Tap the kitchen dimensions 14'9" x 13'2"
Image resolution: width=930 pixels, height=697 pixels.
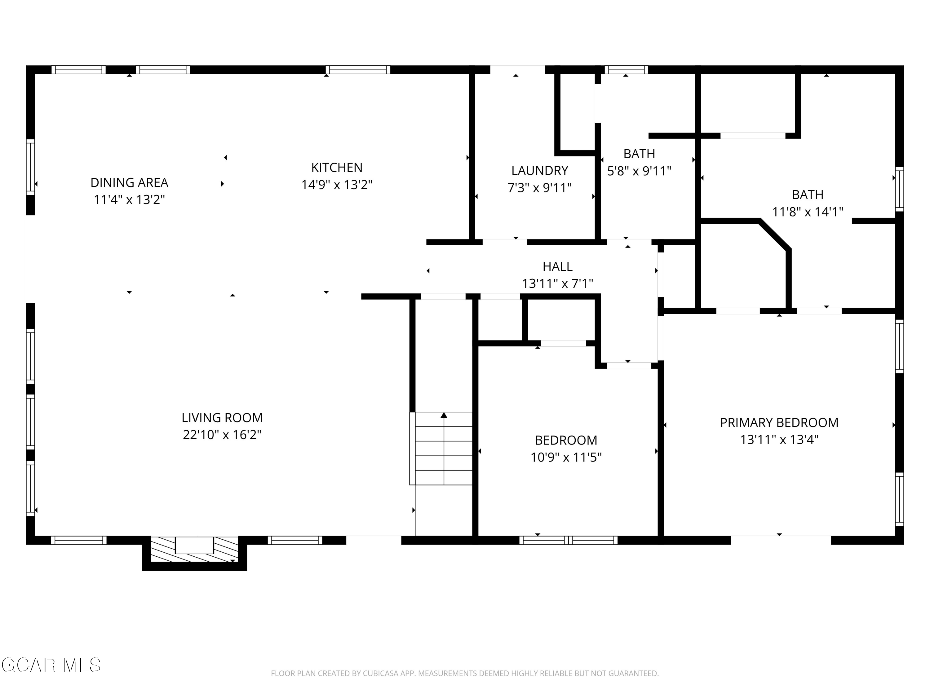click(337, 185)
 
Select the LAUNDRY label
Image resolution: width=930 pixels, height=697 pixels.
click(539, 171)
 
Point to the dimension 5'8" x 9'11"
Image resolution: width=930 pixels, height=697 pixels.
click(639, 171)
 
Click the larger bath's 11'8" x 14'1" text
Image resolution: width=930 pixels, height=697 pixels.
click(807, 212)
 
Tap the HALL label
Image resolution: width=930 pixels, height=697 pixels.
click(557, 266)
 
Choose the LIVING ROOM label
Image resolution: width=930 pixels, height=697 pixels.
click(222, 418)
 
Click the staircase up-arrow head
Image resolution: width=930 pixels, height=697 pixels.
click(444, 415)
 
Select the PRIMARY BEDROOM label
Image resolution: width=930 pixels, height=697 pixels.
click(779, 423)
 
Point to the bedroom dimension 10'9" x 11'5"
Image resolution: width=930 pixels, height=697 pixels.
click(566, 457)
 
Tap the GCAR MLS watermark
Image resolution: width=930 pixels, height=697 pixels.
click(51, 665)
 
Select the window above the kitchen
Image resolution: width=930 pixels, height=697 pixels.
click(358, 70)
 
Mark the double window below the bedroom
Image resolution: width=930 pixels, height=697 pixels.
click(569, 540)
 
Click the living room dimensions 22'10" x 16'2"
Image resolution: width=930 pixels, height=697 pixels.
click(222, 434)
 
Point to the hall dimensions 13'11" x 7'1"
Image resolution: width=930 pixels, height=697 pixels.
click(557, 283)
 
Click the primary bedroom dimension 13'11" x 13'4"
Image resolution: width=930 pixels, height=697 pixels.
click(779, 440)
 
